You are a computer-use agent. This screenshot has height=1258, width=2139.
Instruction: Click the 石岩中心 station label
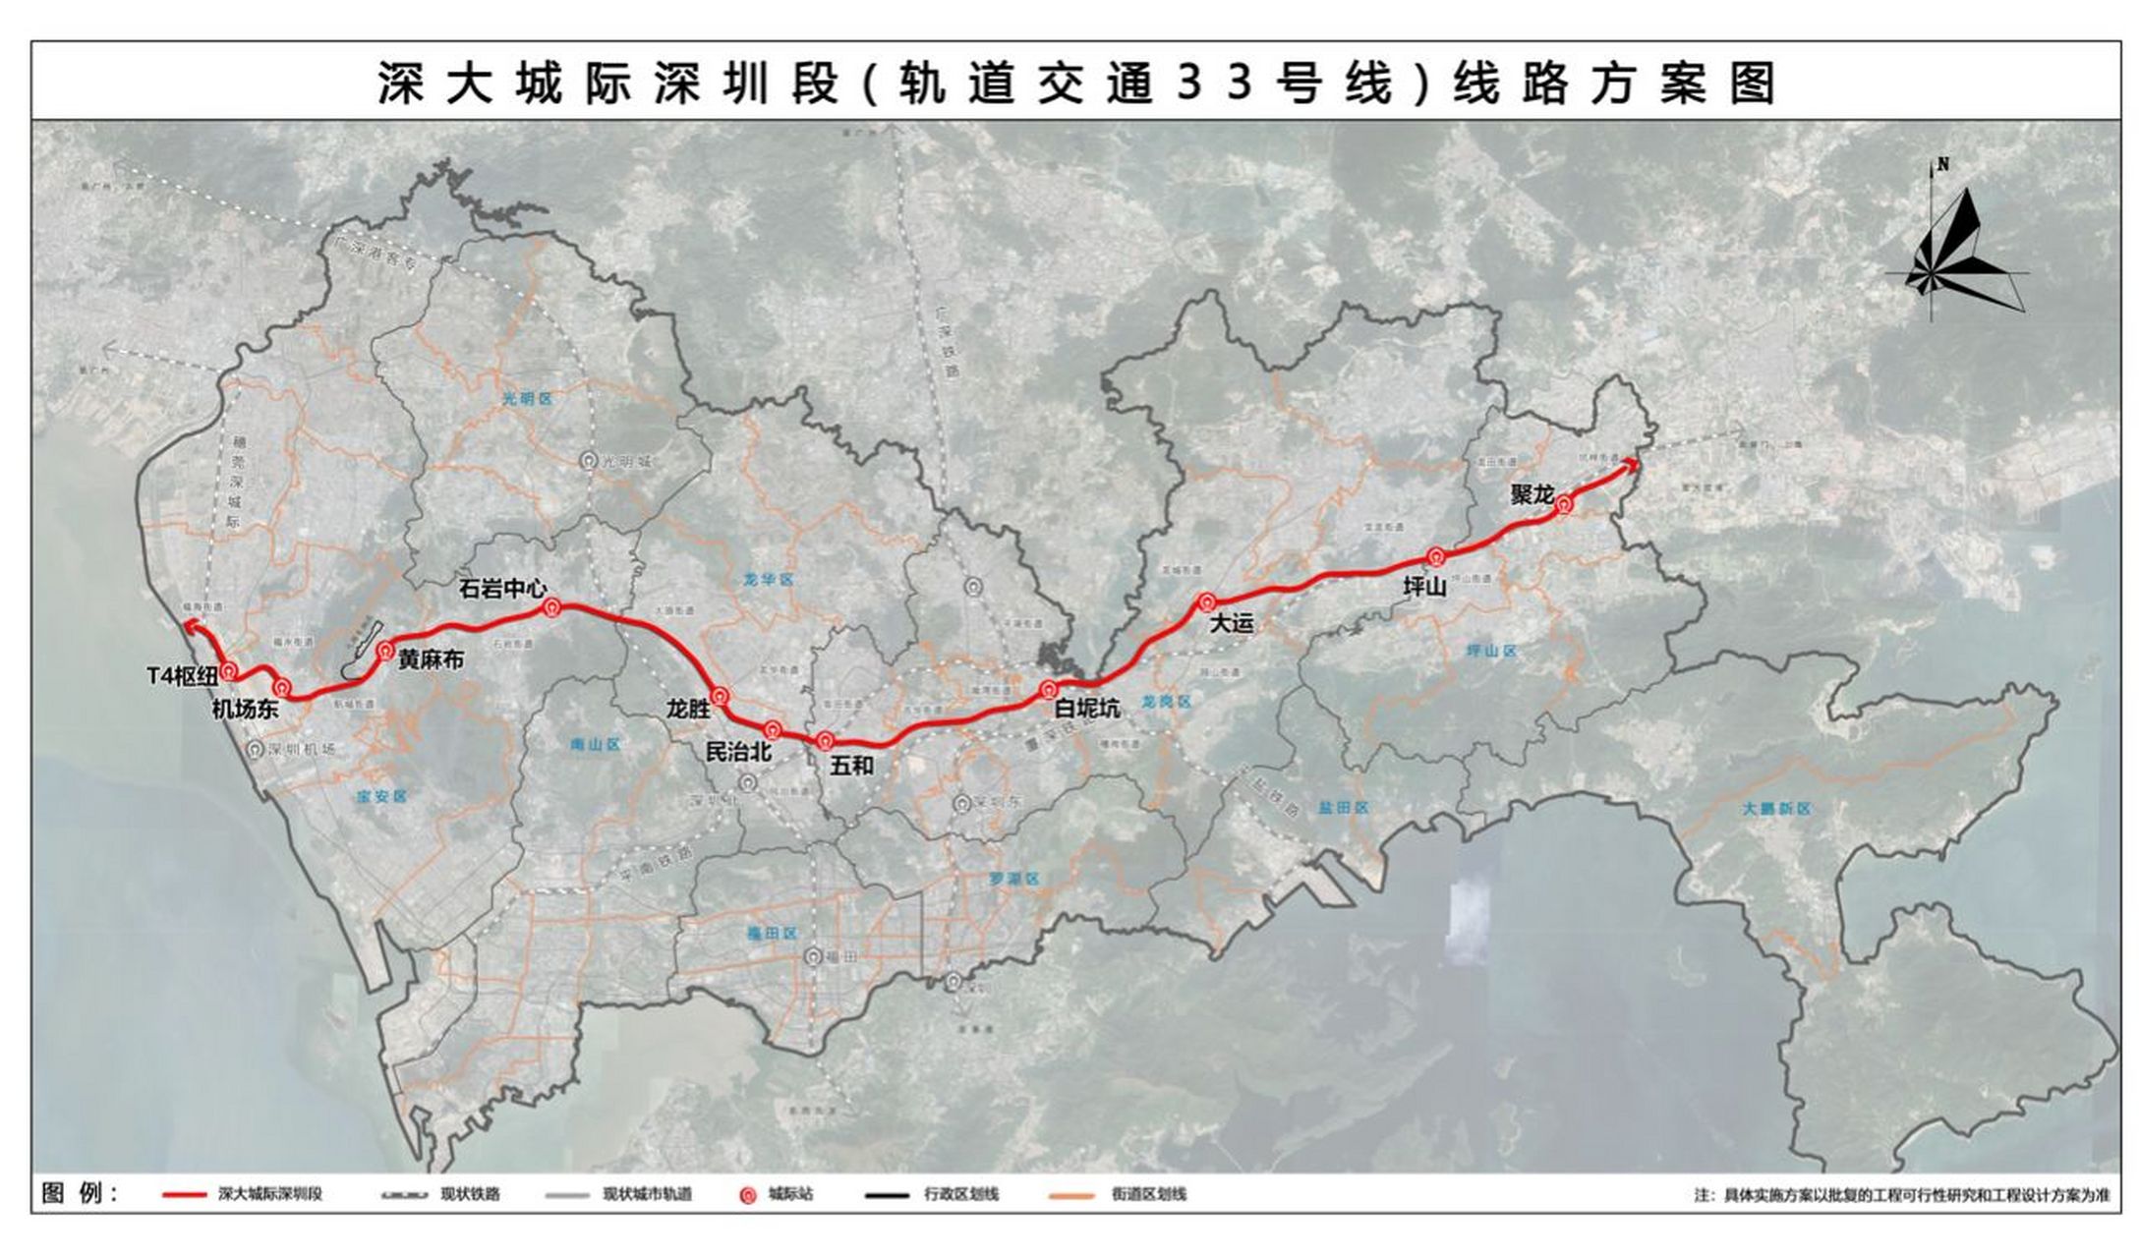click(502, 589)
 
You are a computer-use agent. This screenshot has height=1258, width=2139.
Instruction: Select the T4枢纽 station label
click(182, 676)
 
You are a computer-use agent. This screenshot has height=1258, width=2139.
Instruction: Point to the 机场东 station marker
click(283, 687)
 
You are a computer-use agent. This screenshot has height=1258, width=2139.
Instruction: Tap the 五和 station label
click(850, 766)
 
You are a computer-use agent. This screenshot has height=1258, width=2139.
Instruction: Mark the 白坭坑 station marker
click(1050, 689)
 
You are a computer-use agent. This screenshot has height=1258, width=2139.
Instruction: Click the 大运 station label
click(1231, 623)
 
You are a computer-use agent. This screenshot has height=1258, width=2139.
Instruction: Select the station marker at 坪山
click(1436, 557)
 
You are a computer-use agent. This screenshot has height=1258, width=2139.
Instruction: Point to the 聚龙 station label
click(1532, 494)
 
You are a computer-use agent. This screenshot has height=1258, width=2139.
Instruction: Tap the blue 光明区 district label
click(528, 399)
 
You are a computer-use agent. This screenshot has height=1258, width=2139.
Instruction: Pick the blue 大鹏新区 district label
click(1776, 809)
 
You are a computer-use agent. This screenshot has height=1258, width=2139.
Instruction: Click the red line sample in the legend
click(188, 1195)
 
